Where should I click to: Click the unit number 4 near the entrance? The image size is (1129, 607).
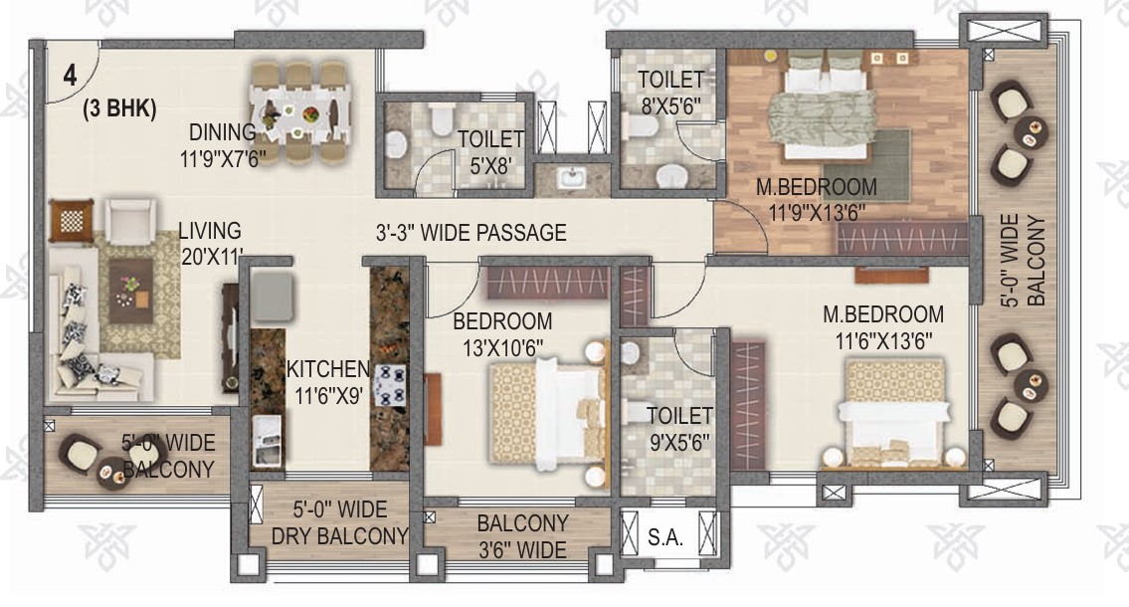pyautogui.click(x=70, y=75)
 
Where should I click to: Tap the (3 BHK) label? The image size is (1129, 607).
pyautogui.click(x=119, y=108)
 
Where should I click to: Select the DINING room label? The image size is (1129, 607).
pyautogui.click(x=223, y=132)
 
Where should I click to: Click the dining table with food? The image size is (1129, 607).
pyautogui.click(x=300, y=113)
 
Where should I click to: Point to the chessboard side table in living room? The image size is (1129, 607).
pyautogui.click(x=72, y=220)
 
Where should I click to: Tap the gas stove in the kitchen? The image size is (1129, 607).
pyautogui.click(x=390, y=384)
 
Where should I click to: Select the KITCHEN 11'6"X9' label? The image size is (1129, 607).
pyautogui.click(x=327, y=382)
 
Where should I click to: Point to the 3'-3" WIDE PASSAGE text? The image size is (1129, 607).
pyautogui.click(x=470, y=233)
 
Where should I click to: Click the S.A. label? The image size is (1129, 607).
pyautogui.click(x=664, y=537)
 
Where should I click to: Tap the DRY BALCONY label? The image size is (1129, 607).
pyautogui.click(x=340, y=536)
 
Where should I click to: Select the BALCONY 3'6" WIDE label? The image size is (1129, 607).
pyautogui.click(x=523, y=536)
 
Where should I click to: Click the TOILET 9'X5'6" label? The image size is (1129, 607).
pyautogui.click(x=679, y=429)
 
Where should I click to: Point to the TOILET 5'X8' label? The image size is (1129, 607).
pyautogui.click(x=491, y=152)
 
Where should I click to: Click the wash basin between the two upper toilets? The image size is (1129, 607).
pyautogui.click(x=572, y=176)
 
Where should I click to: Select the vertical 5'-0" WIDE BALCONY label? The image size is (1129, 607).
pyautogui.click(x=1024, y=260)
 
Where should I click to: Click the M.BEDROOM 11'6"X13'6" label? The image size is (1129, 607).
pyautogui.click(x=883, y=327)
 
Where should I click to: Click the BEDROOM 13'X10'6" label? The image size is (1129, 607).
pyautogui.click(x=502, y=334)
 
